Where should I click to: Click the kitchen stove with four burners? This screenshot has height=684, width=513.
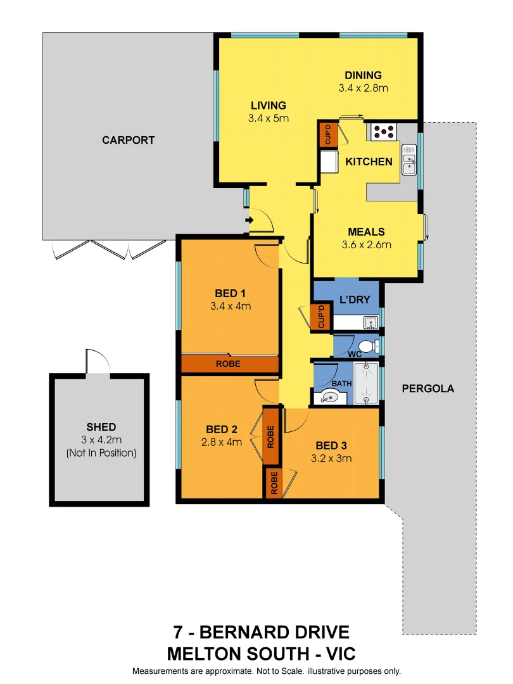pos(383,132)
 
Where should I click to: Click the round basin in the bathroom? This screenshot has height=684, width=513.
pos(329,398)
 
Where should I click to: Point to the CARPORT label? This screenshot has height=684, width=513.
pos(128,140)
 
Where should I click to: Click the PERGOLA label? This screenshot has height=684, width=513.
pos(428,389)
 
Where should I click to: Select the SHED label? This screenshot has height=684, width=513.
pos(101,427)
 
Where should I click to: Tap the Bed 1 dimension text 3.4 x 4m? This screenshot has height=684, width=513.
pos(231,306)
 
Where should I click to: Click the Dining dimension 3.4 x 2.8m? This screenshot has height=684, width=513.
pos(363,88)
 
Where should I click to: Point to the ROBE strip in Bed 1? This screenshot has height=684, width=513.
pos(229,364)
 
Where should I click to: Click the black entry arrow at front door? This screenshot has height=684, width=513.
pos(249,220)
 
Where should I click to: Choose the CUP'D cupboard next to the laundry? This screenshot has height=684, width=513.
pos(322,317)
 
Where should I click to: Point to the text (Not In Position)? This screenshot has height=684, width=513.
pos(101,453)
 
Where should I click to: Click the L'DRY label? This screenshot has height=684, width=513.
pos(355,300)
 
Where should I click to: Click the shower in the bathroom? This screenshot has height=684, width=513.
pos(366,383)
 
